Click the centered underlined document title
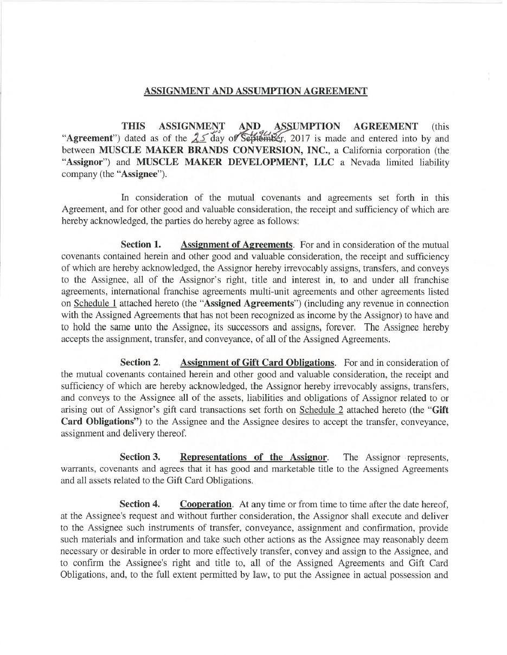point(255,91)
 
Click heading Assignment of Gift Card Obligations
point(258,363)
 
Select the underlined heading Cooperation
point(206,504)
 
